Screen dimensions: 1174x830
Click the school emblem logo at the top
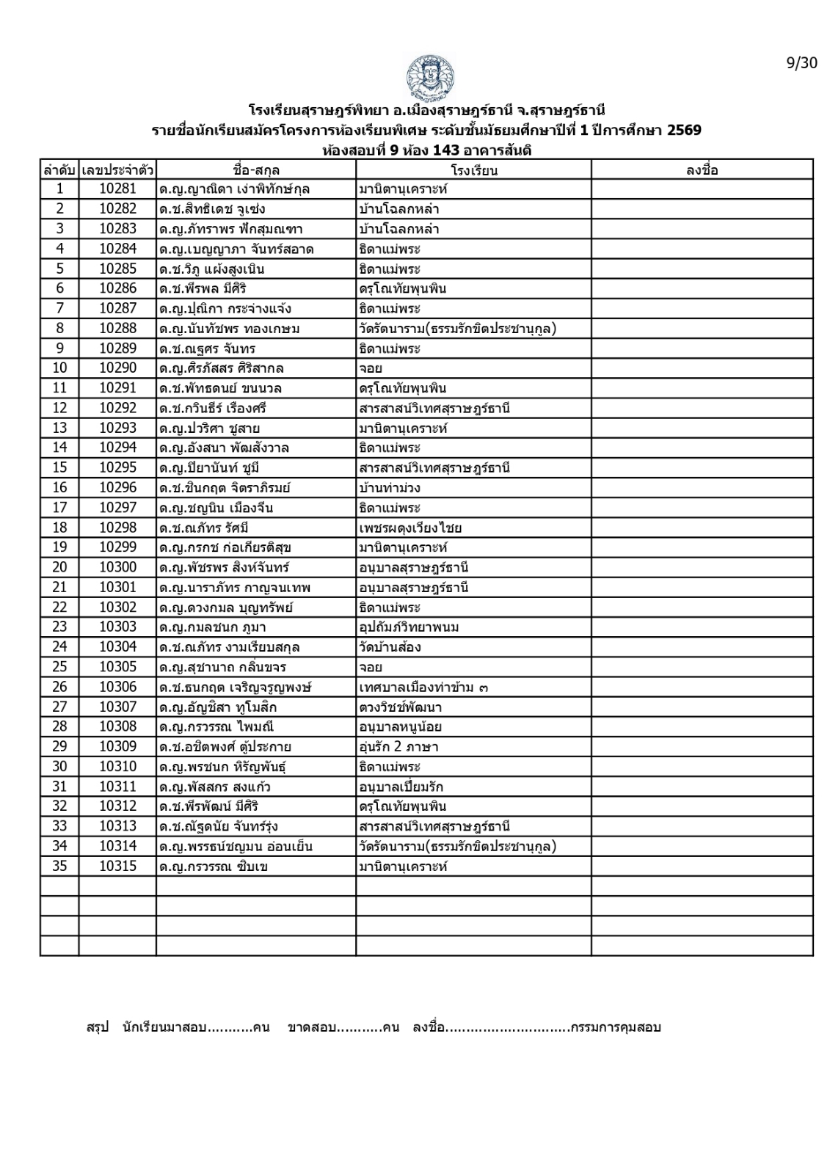[x=429, y=77]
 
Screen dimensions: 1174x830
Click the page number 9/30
[x=801, y=63]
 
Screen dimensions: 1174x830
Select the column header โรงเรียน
[x=474, y=170]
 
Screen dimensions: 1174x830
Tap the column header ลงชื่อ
[x=702, y=170]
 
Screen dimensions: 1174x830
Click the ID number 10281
[x=117, y=189]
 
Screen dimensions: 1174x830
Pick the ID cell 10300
[x=117, y=567]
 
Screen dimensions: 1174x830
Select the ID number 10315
[x=117, y=866]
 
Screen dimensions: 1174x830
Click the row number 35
[x=59, y=866]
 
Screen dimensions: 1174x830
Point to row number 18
[x=59, y=528]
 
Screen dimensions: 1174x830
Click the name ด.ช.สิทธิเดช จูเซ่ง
[x=212, y=209]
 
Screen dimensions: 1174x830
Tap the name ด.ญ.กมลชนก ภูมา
[x=212, y=627]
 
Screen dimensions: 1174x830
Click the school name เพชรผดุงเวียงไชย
[x=410, y=528]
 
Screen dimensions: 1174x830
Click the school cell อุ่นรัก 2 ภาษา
[x=398, y=747]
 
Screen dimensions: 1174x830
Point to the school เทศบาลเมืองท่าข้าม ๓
[x=424, y=687]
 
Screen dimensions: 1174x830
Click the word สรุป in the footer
[x=98, y=1027]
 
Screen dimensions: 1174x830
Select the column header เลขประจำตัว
[x=117, y=170]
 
